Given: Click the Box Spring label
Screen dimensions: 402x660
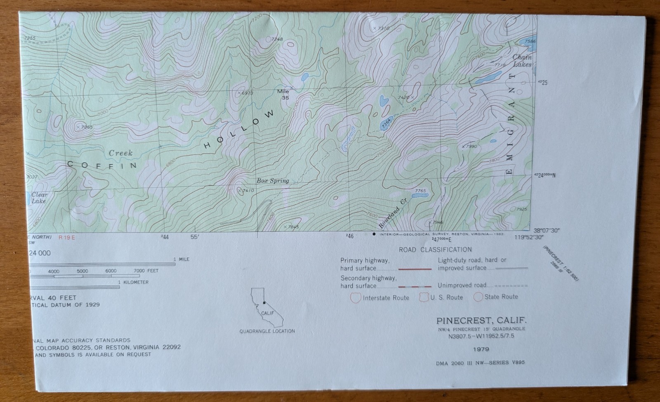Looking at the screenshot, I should tap(273, 181).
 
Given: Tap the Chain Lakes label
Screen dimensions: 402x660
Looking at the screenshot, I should tap(522, 61).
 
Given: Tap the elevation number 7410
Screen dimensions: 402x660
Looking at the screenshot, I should tap(248, 190).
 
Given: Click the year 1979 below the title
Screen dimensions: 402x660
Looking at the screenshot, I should tap(481, 349).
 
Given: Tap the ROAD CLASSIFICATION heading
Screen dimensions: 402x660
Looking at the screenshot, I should tap(435, 250).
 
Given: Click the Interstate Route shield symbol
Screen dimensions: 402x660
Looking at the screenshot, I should tap(356, 297).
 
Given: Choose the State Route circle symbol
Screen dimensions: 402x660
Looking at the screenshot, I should tap(478, 297).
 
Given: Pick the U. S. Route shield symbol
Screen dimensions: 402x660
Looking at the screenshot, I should tap(424, 297).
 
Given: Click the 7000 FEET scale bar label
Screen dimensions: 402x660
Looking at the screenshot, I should tap(146, 271).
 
